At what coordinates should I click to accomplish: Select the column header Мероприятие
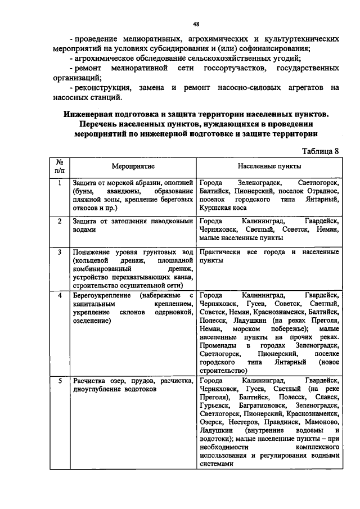(133, 166)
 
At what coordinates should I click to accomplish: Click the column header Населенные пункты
(269, 166)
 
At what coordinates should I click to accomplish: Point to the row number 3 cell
(60, 252)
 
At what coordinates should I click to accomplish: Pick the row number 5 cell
(60, 381)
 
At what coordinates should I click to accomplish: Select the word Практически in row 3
(221, 252)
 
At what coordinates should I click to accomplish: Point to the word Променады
(217, 345)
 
